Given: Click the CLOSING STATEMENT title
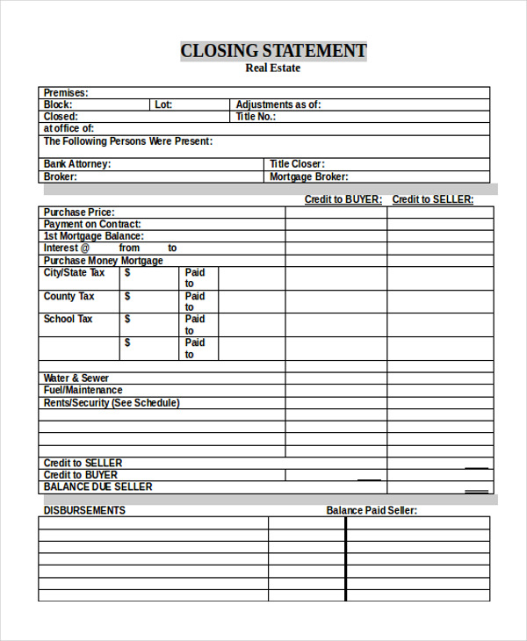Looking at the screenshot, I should pos(273,51).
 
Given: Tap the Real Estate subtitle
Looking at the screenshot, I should pos(272,68).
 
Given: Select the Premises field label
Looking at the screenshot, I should pos(66,93).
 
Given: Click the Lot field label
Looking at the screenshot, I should pos(163,104).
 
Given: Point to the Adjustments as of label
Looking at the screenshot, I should pos(278,104).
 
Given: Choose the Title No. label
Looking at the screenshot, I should pos(256,117).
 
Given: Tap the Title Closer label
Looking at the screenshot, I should pos(297,164).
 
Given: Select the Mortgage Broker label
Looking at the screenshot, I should pos(309,176).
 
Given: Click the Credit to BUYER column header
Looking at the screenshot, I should pos(343,199).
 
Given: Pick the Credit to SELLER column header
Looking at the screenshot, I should pos(432,199).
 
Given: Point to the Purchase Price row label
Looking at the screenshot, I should pos(79,212).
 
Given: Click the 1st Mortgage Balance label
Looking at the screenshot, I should pos(93,236).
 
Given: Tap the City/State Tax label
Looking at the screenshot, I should pos(74,273).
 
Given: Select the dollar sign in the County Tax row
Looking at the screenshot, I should pos(127,297).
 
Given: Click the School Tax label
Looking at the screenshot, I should pos(68,320).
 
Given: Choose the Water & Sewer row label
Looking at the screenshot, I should pos(76,378).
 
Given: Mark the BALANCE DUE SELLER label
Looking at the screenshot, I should pos(97,486).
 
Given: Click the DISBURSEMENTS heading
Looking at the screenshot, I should pos(84,510).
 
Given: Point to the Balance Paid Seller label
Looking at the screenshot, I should pos(372,510).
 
